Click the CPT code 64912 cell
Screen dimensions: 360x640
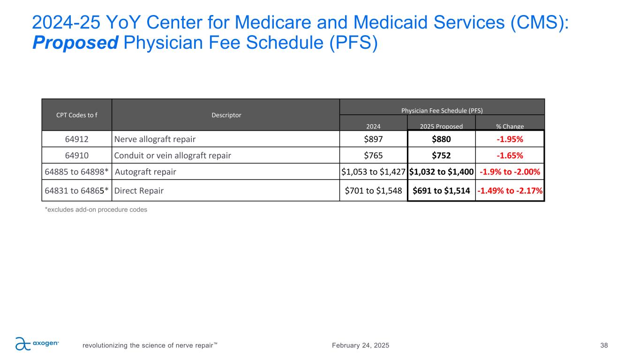coord(77,139)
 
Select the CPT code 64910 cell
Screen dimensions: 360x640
coord(77,155)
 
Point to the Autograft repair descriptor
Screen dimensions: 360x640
coord(145,172)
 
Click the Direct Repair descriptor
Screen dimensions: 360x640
coord(139,191)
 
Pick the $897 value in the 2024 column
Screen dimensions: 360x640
coord(373,139)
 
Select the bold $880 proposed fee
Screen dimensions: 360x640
coord(441,139)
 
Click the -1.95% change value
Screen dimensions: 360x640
coord(510,139)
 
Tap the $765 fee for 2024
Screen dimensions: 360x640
coord(373,155)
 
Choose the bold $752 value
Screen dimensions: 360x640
coord(441,155)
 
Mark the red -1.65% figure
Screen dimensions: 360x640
coord(510,155)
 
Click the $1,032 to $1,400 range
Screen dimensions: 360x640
coord(441,172)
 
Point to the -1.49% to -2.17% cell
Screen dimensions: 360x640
coord(510,191)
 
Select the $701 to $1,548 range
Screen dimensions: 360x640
coord(373,191)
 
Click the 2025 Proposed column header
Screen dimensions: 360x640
coord(441,126)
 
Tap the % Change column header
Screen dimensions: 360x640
coord(510,126)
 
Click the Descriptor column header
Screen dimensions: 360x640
coord(226,115)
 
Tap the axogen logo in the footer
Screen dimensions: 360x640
coord(37,344)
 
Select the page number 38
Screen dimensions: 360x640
coord(604,345)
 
